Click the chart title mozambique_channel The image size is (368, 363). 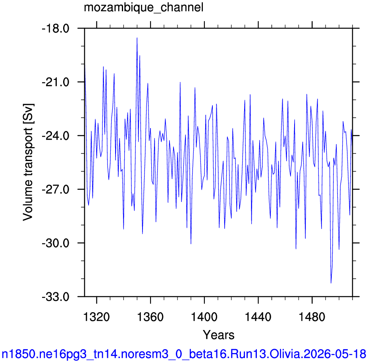click(144, 8)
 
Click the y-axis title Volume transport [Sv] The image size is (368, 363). click(28, 162)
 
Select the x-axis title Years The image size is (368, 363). click(218, 335)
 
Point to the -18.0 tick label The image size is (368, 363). click(56, 29)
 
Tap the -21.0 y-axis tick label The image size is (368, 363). click(56, 82)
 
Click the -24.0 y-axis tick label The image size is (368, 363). click(56, 136)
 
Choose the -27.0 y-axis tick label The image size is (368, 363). click(56, 189)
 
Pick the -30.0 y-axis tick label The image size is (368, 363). click(56, 243)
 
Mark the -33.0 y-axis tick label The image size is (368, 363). click(56, 297)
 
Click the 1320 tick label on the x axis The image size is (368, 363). click(96, 317)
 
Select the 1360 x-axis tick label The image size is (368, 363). click(150, 317)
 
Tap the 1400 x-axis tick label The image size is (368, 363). click(204, 317)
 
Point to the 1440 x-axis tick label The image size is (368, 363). click(258, 317)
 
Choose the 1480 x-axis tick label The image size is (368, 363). click(312, 317)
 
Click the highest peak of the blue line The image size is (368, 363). click(137, 38)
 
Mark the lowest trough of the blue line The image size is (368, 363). click(331, 283)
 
